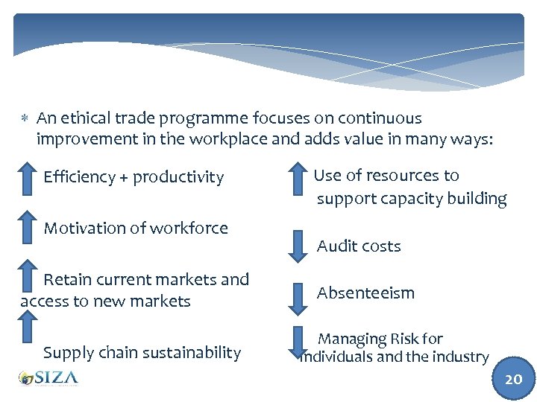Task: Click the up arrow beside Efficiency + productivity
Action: click(26, 177)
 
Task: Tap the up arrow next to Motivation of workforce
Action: click(26, 228)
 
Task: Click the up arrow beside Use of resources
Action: click(298, 179)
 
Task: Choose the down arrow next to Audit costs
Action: click(298, 245)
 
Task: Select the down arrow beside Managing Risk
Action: click(298, 342)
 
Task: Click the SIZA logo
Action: click(48, 378)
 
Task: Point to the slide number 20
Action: click(513, 379)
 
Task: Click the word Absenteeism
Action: click(365, 293)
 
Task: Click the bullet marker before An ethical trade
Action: click(25, 119)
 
